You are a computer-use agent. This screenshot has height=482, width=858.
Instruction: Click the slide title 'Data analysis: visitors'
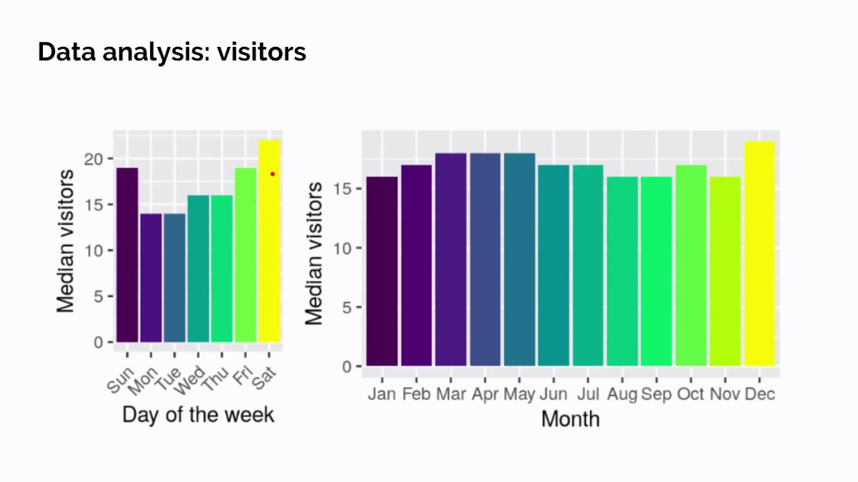click(172, 52)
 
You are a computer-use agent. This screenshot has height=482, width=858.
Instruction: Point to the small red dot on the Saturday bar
click(272, 174)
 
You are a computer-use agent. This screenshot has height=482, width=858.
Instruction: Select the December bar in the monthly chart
click(759, 254)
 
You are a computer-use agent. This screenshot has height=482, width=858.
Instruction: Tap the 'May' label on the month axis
click(519, 394)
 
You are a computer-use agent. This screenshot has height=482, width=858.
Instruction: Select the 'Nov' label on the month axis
click(725, 394)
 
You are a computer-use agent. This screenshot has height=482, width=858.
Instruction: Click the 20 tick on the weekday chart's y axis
click(95, 159)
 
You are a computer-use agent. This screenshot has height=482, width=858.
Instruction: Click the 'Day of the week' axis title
click(198, 414)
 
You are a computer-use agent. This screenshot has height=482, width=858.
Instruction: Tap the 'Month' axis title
click(570, 419)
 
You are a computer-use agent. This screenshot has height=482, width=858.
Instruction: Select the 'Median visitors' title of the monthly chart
click(314, 253)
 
